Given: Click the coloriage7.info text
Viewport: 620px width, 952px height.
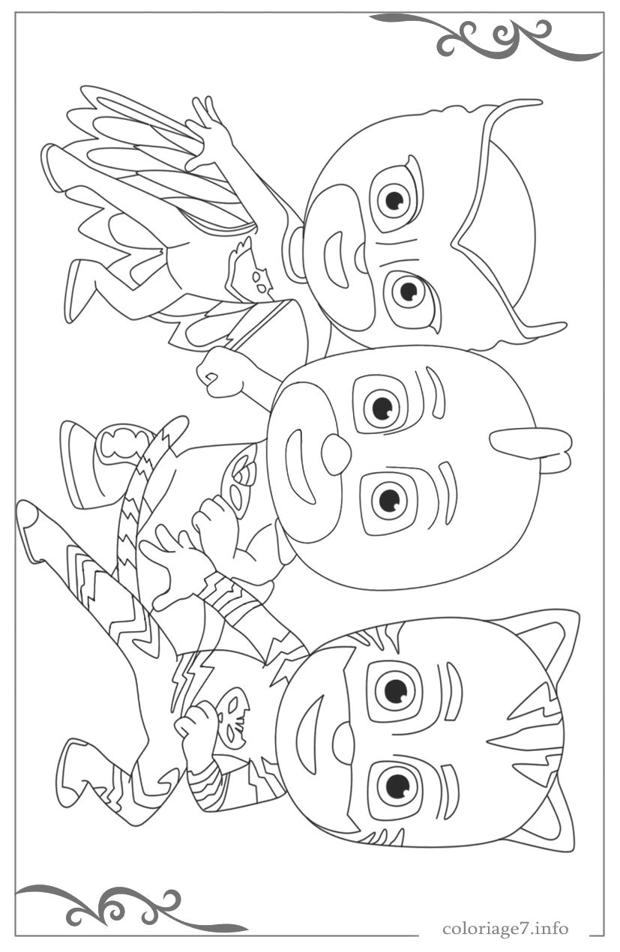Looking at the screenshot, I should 505,929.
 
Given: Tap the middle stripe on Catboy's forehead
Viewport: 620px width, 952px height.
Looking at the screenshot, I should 517,739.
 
